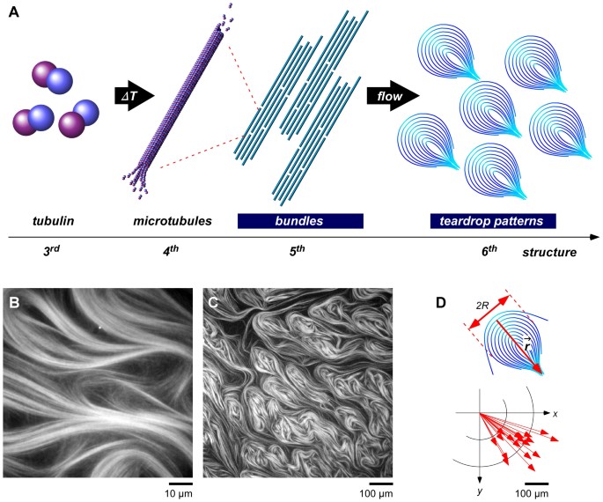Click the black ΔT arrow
(x=134, y=94)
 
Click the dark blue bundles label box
(x=299, y=221)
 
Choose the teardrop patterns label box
(x=492, y=221)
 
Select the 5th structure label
(x=299, y=252)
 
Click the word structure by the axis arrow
(x=551, y=252)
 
